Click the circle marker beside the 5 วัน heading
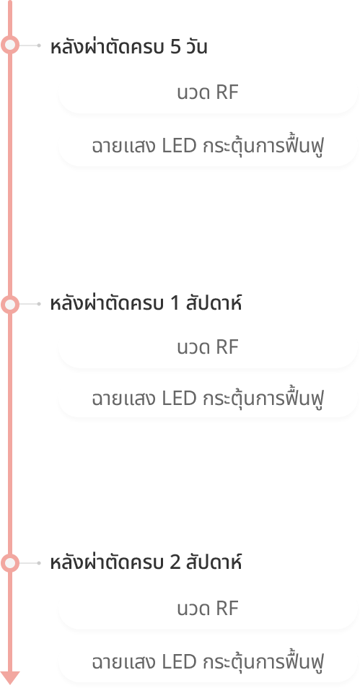pos(10,45)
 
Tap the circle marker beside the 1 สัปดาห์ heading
pos(10,304)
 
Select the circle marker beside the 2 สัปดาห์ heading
pos(10,563)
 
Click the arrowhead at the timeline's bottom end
pos(10,678)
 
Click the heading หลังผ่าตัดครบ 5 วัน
pos(128,46)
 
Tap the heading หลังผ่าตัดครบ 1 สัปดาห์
pos(146,302)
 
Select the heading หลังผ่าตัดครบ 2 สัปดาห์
pos(146,562)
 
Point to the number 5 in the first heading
pos(175,47)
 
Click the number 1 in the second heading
pos(175,304)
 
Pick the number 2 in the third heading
pos(175,562)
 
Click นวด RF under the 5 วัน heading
pos(207,93)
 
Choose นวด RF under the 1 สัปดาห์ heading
pos(207,347)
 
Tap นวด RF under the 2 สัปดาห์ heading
pos(207,609)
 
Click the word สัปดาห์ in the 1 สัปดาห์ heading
pos(214,302)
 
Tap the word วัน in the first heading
pos(196,46)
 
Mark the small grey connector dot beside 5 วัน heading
pos(39,45)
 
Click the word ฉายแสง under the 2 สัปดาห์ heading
pos(123,662)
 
